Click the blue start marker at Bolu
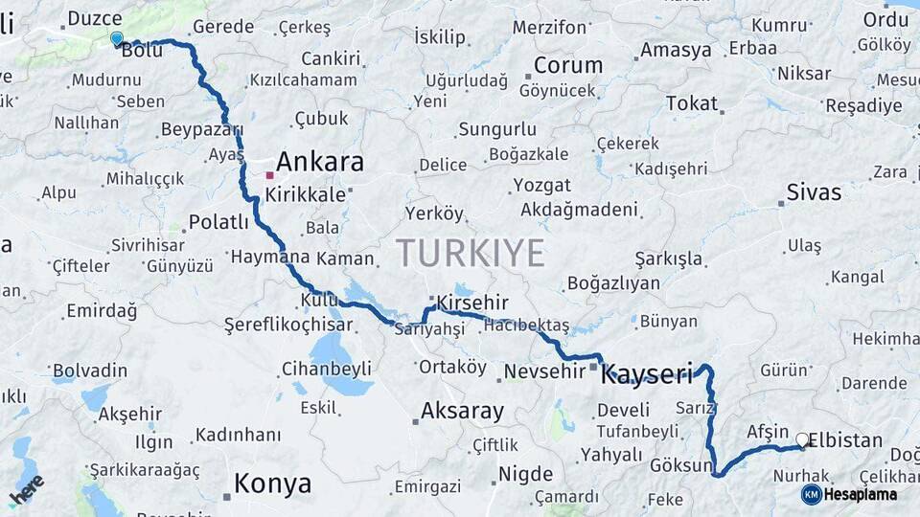(117, 38)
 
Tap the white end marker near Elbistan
(802, 439)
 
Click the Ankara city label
(320, 161)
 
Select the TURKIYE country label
(471, 253)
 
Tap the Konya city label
(272, 483)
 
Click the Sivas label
(814, 192)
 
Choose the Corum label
(568, 66)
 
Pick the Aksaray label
(463, 412)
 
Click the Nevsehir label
(543, 371)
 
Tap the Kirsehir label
(471, 303)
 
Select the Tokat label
(691, 102)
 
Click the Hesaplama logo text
(860, 495)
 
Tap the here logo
(26, 492)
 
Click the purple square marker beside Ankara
(269, 175)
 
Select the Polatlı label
(218, 222)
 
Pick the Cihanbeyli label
(326, 369)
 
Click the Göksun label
(681, 466)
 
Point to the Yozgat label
(541, 185)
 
